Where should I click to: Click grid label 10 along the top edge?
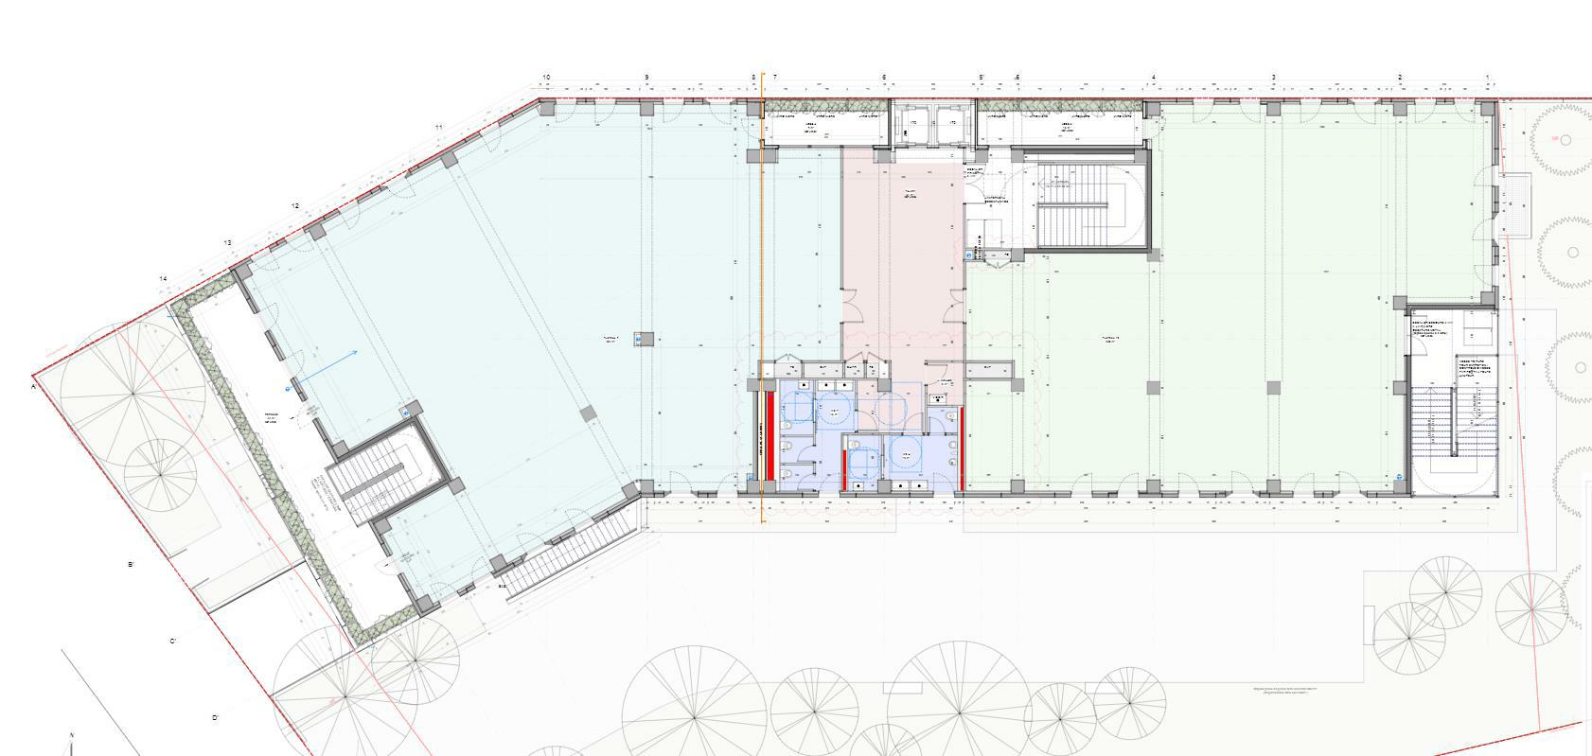pyautogui.click(x=546, y=77)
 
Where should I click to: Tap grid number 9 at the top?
pyautogui.click(x=647, y=77)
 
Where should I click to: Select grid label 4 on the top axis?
pyautogui.click(x=1154, y=77)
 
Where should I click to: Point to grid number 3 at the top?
pyautogui.click(x=1274, y=77)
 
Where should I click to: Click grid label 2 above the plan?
pyautogui.click(x=1400, y=77)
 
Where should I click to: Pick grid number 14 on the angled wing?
pyautogui.click(x=163, y=279)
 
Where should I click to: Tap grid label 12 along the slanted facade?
pyautogui.click(x=295, y=206)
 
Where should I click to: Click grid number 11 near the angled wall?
pyautogui.click(x=439, y=127)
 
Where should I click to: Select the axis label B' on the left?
pyautogui.click(x=132, y=565)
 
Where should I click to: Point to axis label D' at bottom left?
pyautogui.click(x=215, y=718)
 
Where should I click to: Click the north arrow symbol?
pyautogui.click(x=72, y=743)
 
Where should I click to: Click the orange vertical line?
pyautogui.click(x=763, y=284)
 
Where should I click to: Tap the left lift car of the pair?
pyautogui.click(x=911, y=123)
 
